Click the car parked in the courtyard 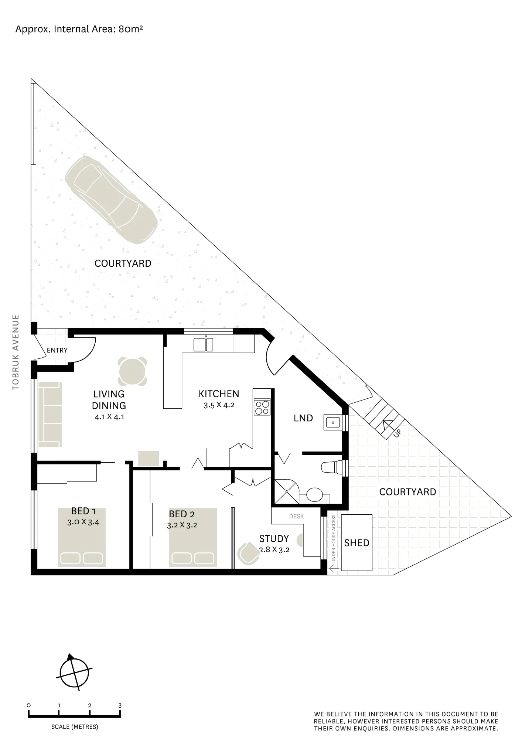point(111,200)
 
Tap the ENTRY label point(57,350)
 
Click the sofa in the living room point(50,415)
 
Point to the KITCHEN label point(219,394)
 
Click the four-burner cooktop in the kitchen point(262,408)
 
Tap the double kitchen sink point(204,345)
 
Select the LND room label point(303,418)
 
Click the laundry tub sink point(333,422)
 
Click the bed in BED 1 point(82,538)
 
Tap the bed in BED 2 point(193,538)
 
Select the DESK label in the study point(296,516)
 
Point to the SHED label point(357,543)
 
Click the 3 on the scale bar point(120,705)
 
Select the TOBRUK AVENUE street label point(16,352)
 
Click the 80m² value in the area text point(131,29)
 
